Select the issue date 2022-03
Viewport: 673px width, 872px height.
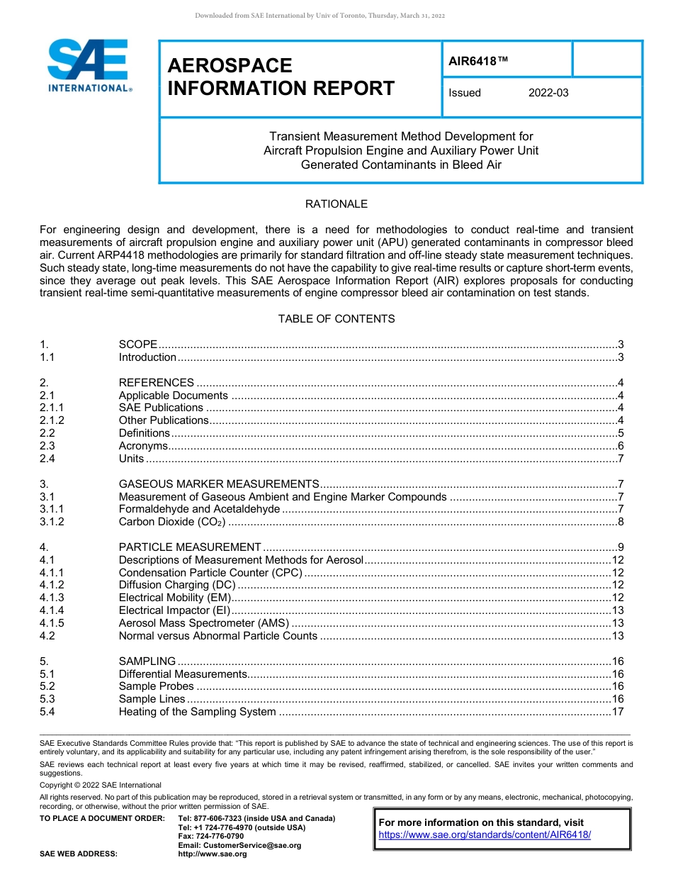(x=548, y=93)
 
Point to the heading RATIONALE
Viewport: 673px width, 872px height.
(x=336, y=204)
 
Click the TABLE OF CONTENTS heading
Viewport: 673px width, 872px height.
(x=336, y=319)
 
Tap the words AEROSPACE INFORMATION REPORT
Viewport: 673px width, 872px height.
(x=281, y=77)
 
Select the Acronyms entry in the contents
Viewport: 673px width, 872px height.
(x=143, y=446)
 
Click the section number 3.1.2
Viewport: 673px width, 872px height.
(x=52, y=522)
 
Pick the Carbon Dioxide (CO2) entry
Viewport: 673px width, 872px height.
(x=172, y=522)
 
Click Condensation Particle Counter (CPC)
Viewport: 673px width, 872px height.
(x=210, y=573)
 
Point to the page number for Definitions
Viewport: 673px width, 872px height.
(x=620, y=433)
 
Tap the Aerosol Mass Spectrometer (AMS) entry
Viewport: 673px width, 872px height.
(x=203, y=623)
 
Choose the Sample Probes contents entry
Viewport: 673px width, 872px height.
(x=156, y=686)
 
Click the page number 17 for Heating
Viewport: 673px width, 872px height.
(x=617, y=712)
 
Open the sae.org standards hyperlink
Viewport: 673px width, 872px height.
(x=485, y=835)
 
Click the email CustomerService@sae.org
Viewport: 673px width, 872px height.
(x=239, y=845)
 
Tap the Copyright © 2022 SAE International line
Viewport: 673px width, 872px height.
(x=101, y=785)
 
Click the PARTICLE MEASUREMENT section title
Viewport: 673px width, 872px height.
(x=190, y=547)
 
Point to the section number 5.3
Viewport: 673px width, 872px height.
(x=47, y=699)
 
